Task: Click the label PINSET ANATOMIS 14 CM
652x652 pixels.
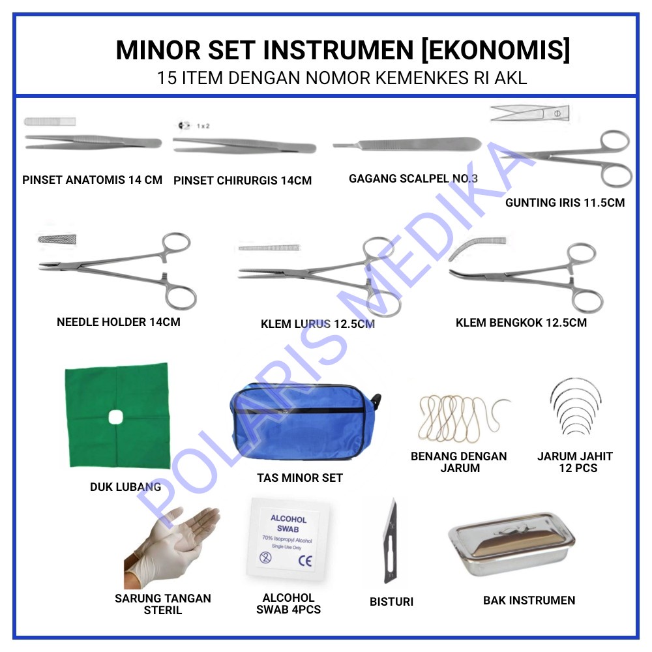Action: [92, 180]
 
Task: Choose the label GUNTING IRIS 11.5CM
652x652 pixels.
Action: [565, 203]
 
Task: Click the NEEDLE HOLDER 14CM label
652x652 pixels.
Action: [119, 322]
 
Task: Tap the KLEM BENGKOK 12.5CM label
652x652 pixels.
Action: [521, 323]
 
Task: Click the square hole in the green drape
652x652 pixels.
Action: [117, 416]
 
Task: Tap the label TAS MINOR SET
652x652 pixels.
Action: [299, 478]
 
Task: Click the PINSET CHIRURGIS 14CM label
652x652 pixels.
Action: [243, 181]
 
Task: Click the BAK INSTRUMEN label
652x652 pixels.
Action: [529, 600]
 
